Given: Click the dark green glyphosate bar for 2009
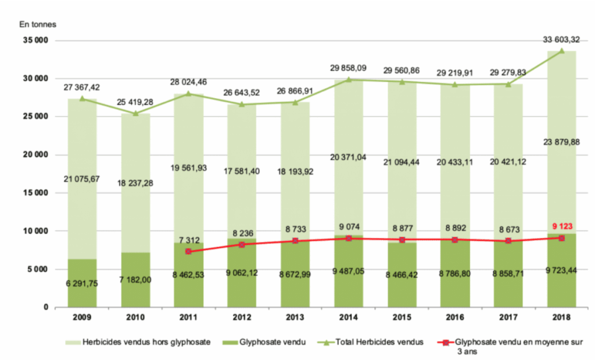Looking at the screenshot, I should tap(82, 283).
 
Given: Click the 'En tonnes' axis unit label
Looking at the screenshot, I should tap(38, 25).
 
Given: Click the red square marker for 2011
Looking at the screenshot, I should tap(188, 251).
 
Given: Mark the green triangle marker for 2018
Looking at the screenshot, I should tap(561, 51).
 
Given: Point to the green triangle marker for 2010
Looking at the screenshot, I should tap(136, 113).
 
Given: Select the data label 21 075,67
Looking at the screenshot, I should tap(82, 178).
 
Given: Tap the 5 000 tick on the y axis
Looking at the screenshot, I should tap(37, 269).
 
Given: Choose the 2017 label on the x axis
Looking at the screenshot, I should tap(508, 317).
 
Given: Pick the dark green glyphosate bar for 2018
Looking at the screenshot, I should tap(561, 271).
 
